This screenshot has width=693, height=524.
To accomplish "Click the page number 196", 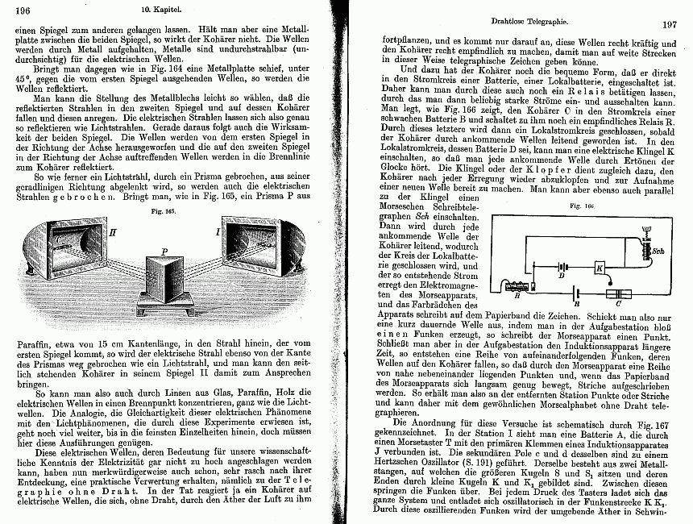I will (x=22, y=10).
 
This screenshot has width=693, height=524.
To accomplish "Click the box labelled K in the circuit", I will (x=599, y=268).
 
